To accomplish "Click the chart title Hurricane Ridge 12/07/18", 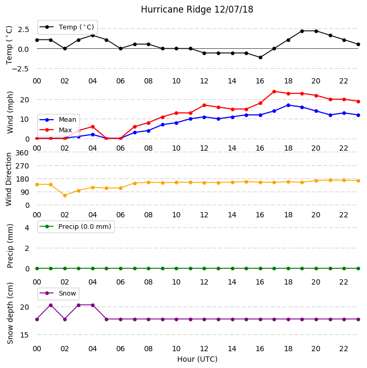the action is [197, 9].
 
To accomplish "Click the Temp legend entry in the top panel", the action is [67, 27].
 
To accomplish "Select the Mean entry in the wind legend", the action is [58, 120].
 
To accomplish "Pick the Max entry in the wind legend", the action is [56, 130].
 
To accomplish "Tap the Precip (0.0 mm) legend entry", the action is [76, 227].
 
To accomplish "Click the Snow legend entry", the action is [58, 293].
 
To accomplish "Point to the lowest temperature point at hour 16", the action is [260, 58].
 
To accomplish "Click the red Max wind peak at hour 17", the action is [274, 91].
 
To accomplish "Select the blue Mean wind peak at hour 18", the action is [288, 105].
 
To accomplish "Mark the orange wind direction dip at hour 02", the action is [65, 195].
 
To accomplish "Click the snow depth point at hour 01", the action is [51, 306].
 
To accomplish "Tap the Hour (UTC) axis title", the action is [197, 359].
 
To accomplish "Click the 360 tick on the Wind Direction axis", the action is [22, 153].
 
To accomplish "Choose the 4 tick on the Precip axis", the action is [27, 228].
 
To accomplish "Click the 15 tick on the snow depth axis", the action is [25, 335].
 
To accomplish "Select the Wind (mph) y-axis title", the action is [10, 112].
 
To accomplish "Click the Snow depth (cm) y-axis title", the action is [10, 313].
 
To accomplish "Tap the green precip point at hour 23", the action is [358, 268].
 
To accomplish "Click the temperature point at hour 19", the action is [302, 31].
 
